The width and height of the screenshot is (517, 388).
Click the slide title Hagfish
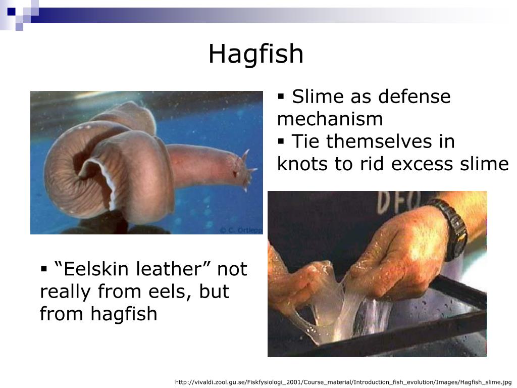pyautogui.click(x=256, y=54)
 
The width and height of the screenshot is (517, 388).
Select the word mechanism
pyautogui.click(x=330, y=119)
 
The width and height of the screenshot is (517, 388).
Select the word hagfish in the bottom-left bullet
pyautogui.click(x=124, y=314)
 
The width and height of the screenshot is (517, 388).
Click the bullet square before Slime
pyautogui.click(x=282, y=96)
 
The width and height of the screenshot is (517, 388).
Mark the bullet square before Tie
pyautogui.click(x=282, y=141)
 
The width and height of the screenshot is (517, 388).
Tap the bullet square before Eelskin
pyautogui.click(x=44, y=269)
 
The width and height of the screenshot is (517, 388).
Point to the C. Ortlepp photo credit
pyautogui.click(x=240, y=230)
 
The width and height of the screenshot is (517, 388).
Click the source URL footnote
pyautogui.click(x=343, y=382)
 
